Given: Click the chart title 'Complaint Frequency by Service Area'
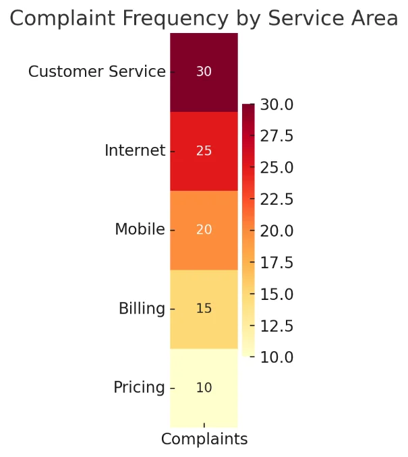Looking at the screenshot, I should (204, 19).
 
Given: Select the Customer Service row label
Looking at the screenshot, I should (96, 71).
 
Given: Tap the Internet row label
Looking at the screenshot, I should (135, 150).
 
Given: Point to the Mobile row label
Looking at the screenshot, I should (140, 229).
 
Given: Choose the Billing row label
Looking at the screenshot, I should (142, 309).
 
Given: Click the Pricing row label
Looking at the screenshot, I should (139, 388).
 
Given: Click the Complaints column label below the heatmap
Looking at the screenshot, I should (204, 439).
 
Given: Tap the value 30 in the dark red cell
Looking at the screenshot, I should (204, 71).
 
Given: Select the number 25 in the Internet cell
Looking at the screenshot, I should (204, 151).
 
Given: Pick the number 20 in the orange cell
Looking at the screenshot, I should (204, 230).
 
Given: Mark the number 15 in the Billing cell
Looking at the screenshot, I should (204, 309).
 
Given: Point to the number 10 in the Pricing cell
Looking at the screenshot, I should (204, 388).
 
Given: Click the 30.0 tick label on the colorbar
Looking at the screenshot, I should (276, 104).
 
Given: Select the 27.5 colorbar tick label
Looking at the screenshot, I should (276, 136).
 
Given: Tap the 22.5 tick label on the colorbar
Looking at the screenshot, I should (276, 200).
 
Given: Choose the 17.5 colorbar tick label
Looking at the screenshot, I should (276, 262).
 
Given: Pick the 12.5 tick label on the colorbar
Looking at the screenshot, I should (276, 326).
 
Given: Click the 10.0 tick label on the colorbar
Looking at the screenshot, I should (276, 357).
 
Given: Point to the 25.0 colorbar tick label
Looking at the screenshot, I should (276, 168).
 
